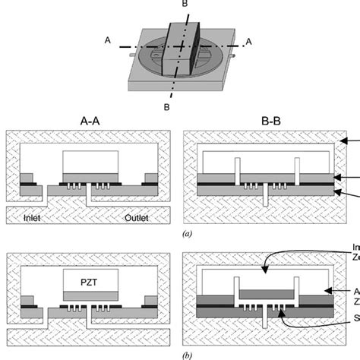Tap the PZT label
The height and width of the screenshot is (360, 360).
[92, 283]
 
